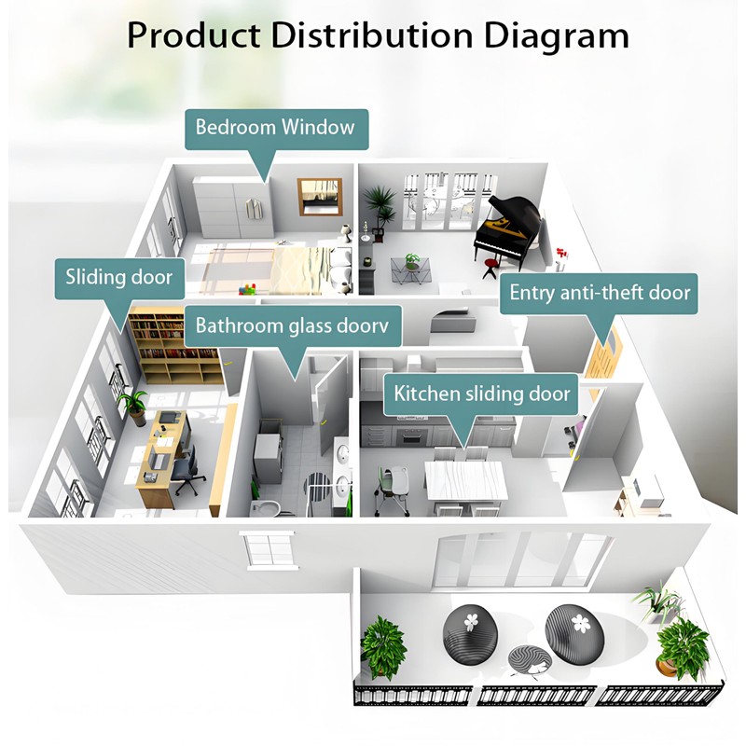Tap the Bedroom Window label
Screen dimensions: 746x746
(275, 127)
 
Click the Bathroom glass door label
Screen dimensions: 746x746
(291, 326)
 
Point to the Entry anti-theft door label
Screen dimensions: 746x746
(600, 293)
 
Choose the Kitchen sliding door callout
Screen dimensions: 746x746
(481, 393)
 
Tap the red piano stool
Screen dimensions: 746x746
(490, 269)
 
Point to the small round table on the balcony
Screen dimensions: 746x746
(529, 661)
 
